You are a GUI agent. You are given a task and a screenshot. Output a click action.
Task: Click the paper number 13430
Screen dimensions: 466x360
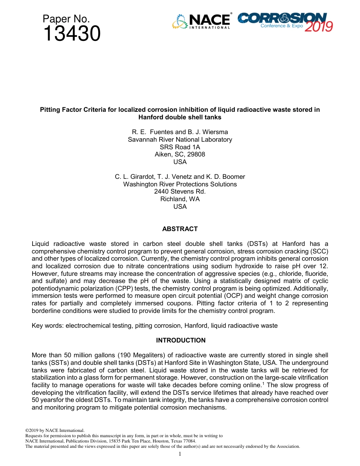[72, 34]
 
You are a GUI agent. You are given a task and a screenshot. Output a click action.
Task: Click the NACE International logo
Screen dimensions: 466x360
[201, 21]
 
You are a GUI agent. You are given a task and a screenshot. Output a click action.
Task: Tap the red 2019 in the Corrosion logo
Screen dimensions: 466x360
[318, 26]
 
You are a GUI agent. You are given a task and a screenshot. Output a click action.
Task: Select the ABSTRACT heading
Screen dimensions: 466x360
[180, 229]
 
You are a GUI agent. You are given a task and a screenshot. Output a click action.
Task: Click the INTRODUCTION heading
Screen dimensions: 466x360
[181, 340]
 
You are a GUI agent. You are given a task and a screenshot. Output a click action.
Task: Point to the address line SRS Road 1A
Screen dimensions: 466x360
[180, 147]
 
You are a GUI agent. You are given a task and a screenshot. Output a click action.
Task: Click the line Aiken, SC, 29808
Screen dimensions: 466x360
[180, 154]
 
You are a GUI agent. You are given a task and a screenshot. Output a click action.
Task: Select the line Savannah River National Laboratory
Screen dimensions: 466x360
[180, 139]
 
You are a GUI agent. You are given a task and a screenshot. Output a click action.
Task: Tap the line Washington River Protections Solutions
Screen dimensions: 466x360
[180, 184]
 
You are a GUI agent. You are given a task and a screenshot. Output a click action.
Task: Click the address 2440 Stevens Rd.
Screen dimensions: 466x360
[180, 191]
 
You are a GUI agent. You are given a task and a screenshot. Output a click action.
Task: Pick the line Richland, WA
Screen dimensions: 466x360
[180, 199]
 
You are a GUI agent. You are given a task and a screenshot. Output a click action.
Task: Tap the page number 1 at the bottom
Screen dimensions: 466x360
[180, 454]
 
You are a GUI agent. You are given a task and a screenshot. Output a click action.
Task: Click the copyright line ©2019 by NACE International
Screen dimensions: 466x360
[55, 430]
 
